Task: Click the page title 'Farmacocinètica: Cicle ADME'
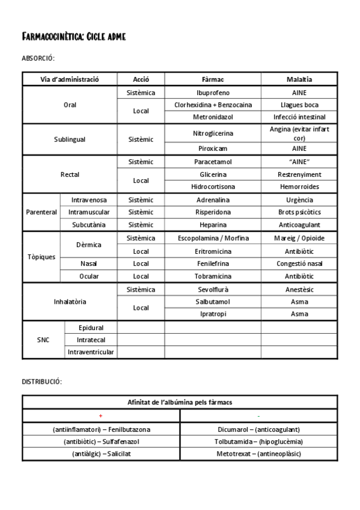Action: pos(73,37)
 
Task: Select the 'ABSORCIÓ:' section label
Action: pos(38,58)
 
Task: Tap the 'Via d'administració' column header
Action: pos(70,79)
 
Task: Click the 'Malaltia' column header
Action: pos(299,79)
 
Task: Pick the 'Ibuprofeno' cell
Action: pos(213,93)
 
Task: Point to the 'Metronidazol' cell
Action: pos(213,117)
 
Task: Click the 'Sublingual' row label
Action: pos(70,139)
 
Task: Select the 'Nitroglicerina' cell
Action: pos(213,133)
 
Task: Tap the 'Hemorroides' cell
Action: pos(299,186)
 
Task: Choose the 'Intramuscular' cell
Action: pos(88,212)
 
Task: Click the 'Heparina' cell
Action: pos(213,224)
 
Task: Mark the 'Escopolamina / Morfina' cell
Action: pos(213,238)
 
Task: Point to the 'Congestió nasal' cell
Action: pos(299,263)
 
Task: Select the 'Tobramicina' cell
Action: pos(213,276)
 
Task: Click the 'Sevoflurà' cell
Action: pos(213,289)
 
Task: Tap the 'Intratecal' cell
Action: pos(91,340)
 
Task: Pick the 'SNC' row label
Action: pos(43,340)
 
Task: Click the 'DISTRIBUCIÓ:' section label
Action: pos(41,382)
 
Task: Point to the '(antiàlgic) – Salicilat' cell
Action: pos(101,453)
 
